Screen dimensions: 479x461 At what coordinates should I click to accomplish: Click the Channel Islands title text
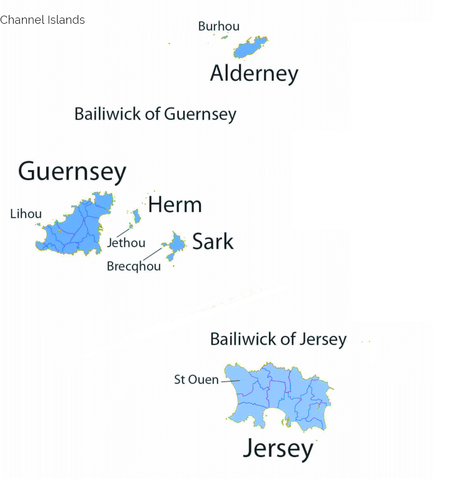[x=43, y=20]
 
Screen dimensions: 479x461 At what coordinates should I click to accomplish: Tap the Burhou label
[x=218, y=26]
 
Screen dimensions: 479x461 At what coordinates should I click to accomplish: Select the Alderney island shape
[x=250, y=48]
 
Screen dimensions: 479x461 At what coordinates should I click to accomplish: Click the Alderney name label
[x=254, y=74]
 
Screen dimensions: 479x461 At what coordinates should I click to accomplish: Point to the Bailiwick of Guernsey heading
[x=155, y=114]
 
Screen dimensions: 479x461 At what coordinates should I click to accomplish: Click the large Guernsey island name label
[x=72, y=171]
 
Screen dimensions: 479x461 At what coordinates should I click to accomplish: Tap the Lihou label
[x=26, y=214]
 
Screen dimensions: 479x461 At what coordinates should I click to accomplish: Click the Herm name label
[x=175, y=204]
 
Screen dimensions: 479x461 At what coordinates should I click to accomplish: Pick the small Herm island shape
[x=136, y=216]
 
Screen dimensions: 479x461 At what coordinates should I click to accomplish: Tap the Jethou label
[x=126, y=243]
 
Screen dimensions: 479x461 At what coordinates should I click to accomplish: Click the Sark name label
[x=213, y=241]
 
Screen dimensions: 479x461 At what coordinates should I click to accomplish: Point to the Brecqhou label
[x=133, y=266]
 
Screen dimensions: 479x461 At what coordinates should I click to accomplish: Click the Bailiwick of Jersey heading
[x=278, y=339]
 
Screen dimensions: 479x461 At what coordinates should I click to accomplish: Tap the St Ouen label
[x=196, y=380]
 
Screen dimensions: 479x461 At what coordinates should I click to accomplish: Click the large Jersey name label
[x=278, y=448]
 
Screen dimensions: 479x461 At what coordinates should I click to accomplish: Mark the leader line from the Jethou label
[x=124, y=231]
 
